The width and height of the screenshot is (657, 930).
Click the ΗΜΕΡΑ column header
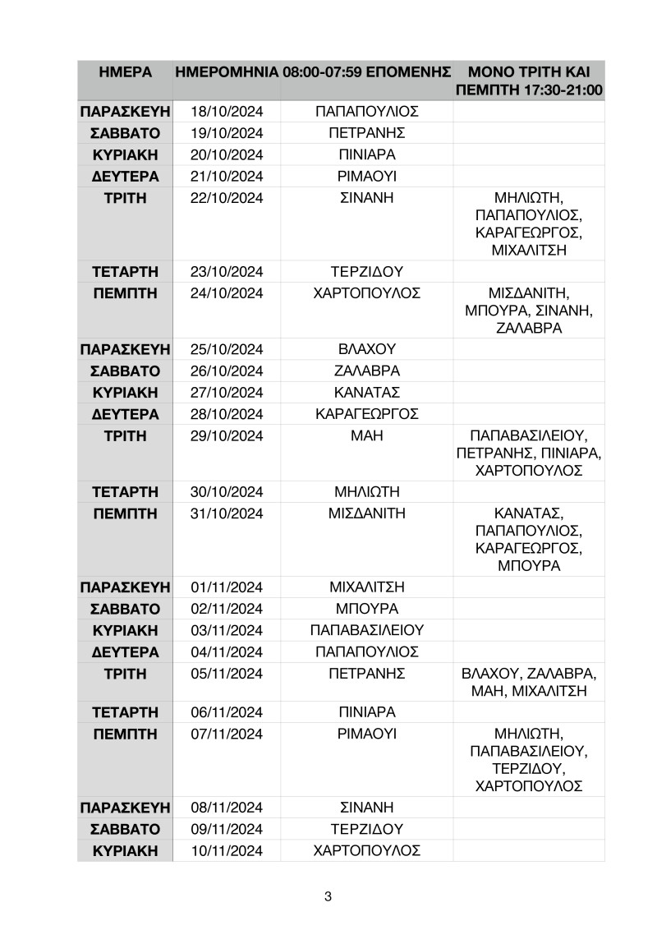click(x=125, y=72)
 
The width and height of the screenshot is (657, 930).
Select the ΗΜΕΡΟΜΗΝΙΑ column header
click(x=226, y=72)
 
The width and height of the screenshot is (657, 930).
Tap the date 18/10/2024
click(x=226, y=112)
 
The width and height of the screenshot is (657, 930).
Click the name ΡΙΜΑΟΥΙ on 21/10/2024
click(x=367, y=176)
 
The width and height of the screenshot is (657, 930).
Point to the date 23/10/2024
click(x=226, y=272)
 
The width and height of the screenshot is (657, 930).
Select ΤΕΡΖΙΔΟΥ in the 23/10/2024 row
click(x=367, y=272)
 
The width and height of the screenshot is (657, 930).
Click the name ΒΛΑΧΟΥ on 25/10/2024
click(x=367, y=349)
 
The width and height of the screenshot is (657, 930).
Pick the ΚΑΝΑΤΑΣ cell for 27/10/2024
click(x=367, y=392)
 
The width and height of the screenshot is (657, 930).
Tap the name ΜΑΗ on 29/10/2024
click(x=367, y=435)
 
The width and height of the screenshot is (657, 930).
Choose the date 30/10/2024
click(x=226, y=492)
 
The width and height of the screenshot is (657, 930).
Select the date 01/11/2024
click(x=226, y=587)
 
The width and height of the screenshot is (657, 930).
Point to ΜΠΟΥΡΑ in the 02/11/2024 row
click(x=367, y=609)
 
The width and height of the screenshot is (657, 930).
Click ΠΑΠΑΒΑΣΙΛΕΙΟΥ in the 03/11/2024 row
click(x=367, y=630)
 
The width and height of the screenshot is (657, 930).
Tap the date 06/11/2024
click(x=226, y=711)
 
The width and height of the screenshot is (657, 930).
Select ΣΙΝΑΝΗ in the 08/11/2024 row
click(x=367, y=807)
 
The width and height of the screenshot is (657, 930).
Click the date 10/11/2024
click(x=226, y=849)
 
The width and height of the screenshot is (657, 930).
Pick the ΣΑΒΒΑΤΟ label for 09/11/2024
click(x=125, y=828)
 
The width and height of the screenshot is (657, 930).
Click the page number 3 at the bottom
click(x=328, y=896)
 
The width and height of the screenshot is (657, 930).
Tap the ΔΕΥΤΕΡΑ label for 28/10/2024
click(x=125, y=413)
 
